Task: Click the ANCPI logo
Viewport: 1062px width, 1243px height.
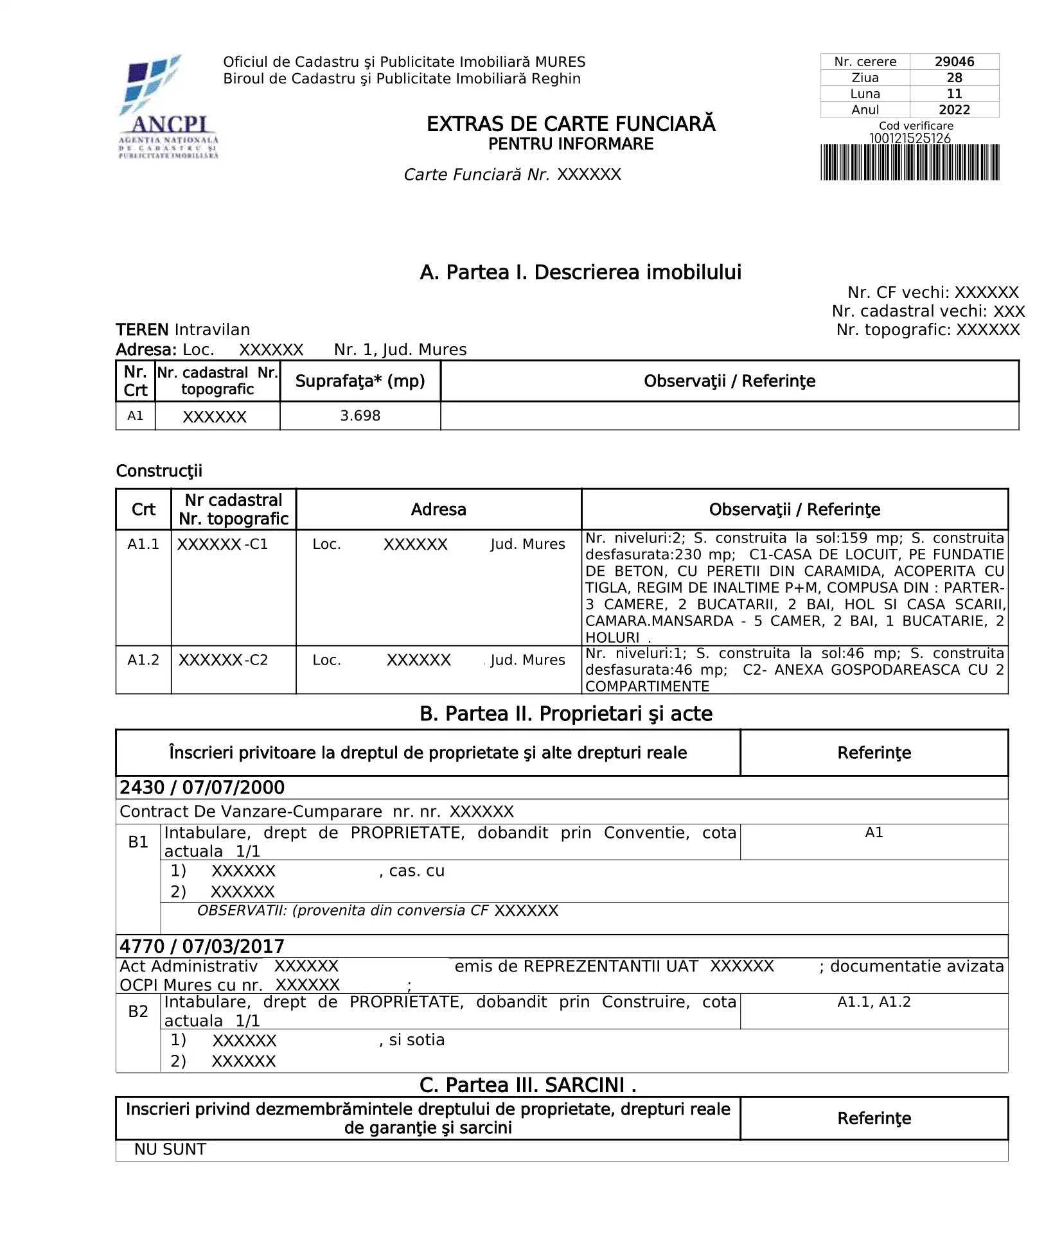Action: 168,107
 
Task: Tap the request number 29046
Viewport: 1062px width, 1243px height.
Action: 953,62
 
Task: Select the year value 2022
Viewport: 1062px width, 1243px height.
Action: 953,110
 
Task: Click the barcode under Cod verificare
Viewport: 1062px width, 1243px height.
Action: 909,162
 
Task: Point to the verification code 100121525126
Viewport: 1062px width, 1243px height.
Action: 909,138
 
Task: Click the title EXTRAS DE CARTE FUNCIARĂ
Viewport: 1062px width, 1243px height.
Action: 571,124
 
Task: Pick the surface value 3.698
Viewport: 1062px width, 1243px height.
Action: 360,416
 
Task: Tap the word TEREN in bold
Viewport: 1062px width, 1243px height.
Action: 142,330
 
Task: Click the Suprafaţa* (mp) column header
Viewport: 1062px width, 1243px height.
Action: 360,381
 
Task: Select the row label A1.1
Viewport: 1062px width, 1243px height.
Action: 143,544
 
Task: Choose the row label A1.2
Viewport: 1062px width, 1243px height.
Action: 143,660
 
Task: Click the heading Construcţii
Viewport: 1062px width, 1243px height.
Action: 159,471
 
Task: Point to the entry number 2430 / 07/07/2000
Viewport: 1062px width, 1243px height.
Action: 202,788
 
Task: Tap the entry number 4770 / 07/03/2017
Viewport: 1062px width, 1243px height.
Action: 202,946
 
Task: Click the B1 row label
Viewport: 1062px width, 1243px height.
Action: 138,842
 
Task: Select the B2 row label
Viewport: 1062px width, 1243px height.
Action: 138,1011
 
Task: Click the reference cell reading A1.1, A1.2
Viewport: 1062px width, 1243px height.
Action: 873,1002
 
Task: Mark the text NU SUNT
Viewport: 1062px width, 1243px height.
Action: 170,1149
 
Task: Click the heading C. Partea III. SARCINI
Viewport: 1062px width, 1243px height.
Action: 527,1085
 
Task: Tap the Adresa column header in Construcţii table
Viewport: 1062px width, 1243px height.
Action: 438,510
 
